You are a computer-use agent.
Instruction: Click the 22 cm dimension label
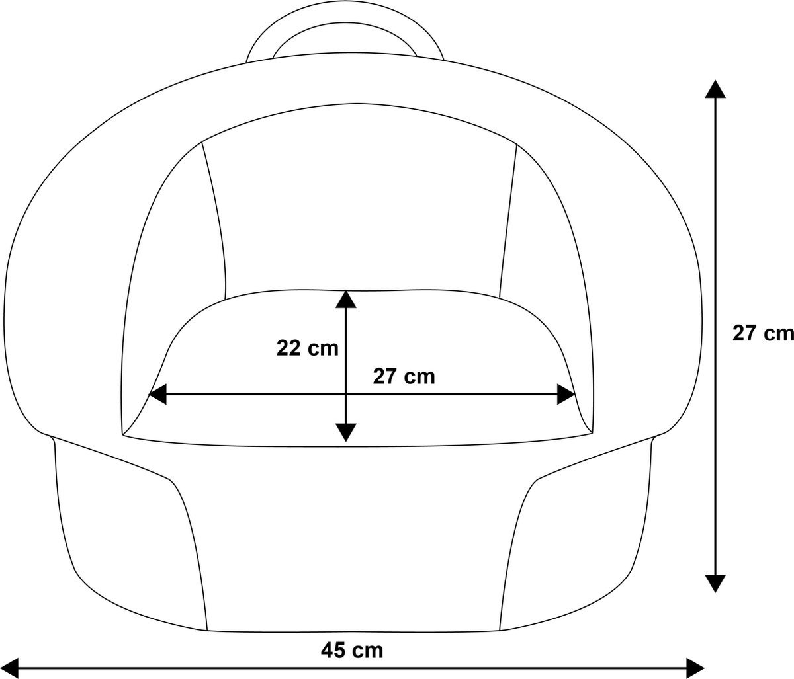(307, 349)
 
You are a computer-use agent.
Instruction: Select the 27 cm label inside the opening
(404, 377)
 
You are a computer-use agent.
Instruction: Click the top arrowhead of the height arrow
(715, 90)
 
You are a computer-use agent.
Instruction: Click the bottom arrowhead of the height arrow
(715, 582)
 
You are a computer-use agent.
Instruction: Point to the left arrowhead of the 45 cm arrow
(10, 668)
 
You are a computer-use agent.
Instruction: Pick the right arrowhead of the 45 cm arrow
(695, 668)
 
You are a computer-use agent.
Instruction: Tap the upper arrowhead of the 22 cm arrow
(345, 300)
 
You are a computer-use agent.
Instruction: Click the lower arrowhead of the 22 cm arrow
(345, 432)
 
